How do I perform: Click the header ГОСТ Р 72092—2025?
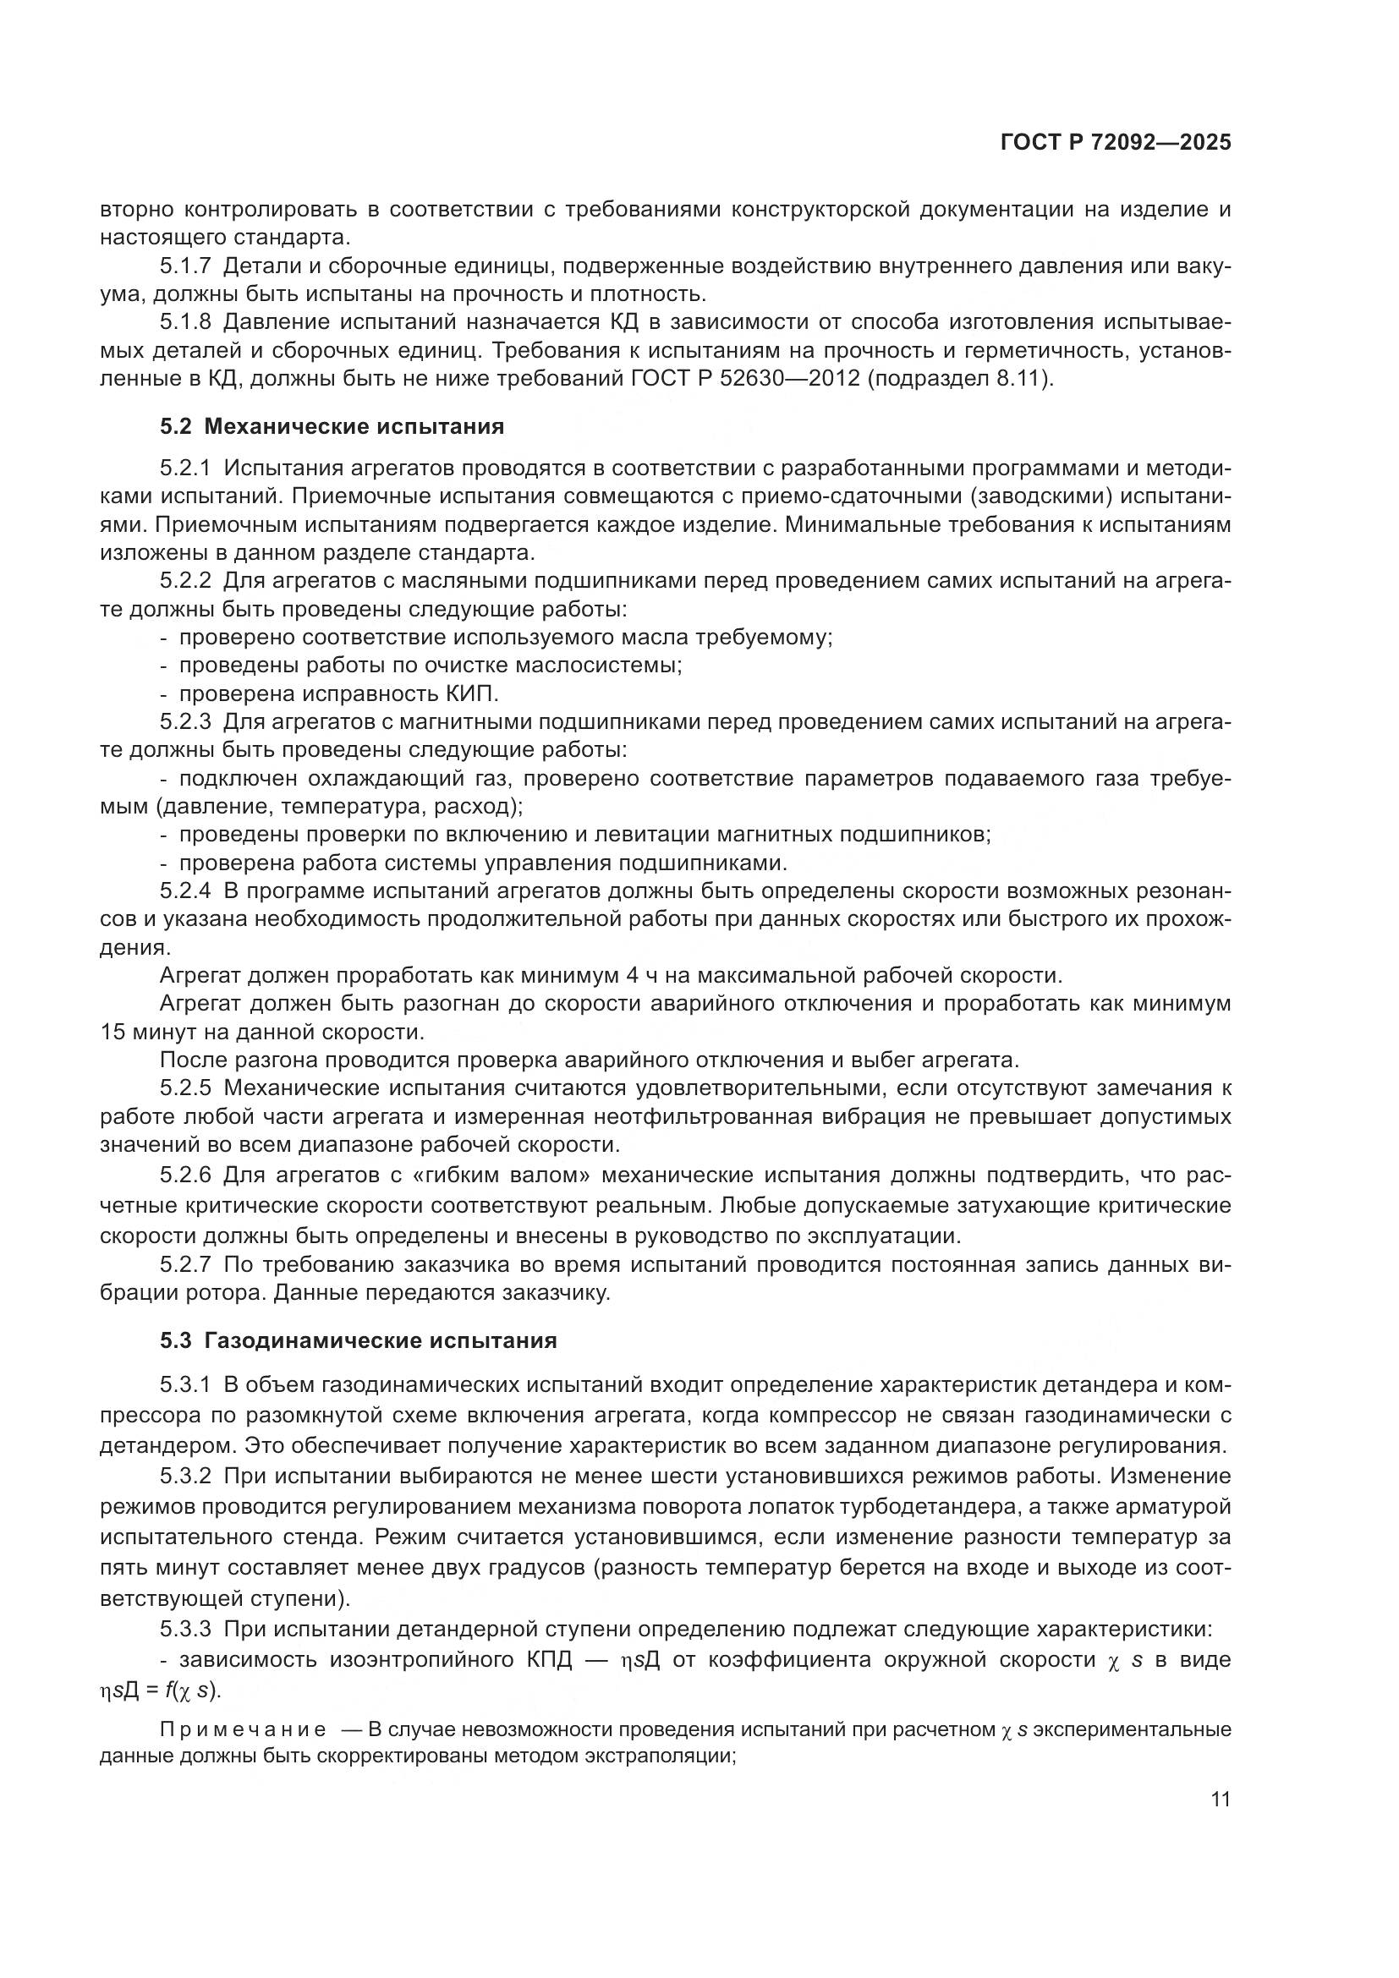tap(1116, 142)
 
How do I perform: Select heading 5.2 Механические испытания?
tap(332, 426)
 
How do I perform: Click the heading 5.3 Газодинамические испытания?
tap(359, 1340)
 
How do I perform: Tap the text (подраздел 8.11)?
tap(959, 378)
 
